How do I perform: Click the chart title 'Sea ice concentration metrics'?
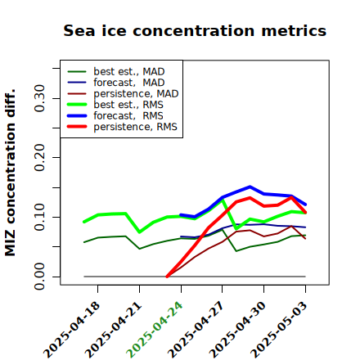point(195,31)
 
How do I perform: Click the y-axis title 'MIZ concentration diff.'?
point(10,173)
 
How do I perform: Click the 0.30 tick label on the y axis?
point(40,98)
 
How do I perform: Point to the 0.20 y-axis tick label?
point(40,157)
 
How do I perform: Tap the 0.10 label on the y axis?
point(40,217)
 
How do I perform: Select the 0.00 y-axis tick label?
point(40,277)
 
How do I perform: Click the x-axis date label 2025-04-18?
point(72,330)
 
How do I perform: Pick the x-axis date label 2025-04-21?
point(114,330)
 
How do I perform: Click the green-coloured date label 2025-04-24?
point(155,330)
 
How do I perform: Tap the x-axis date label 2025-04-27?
point(196,330)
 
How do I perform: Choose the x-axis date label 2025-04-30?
point(237,330)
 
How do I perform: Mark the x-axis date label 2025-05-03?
point(279,330)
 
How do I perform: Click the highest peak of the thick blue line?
point(250,187)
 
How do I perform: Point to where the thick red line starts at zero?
point(167,277)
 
